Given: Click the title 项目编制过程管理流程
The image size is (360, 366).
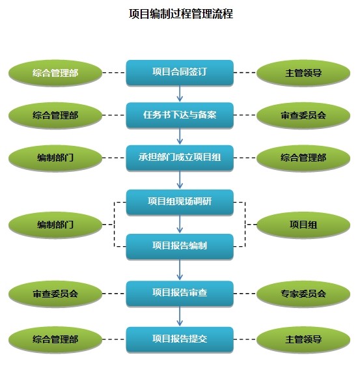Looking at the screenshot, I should point(180,14).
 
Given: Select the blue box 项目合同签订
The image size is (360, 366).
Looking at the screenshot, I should point(180,73).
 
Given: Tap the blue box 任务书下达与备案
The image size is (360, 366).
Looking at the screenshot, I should point(180,116).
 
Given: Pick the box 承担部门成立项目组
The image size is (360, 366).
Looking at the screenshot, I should point(180,158).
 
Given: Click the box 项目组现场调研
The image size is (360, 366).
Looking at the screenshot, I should point(180,202).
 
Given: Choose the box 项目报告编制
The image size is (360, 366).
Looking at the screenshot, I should point(180,246).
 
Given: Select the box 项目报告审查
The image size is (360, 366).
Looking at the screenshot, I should point(180,294).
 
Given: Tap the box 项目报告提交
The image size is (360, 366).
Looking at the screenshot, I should point(180,339).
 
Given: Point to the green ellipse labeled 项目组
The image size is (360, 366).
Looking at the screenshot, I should point(303,225).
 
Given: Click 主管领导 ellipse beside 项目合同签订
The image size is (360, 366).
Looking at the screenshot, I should point(303,73).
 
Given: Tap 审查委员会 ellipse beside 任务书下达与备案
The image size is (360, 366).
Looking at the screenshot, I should point(303,116).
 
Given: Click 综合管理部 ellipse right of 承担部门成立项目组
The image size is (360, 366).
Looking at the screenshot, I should point(303,158).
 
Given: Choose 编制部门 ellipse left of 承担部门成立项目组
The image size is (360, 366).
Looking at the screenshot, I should point(55,158).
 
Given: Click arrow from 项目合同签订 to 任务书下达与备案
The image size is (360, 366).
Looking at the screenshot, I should point(180,94).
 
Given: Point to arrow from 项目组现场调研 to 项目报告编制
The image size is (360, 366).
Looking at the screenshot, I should point(180,224).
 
